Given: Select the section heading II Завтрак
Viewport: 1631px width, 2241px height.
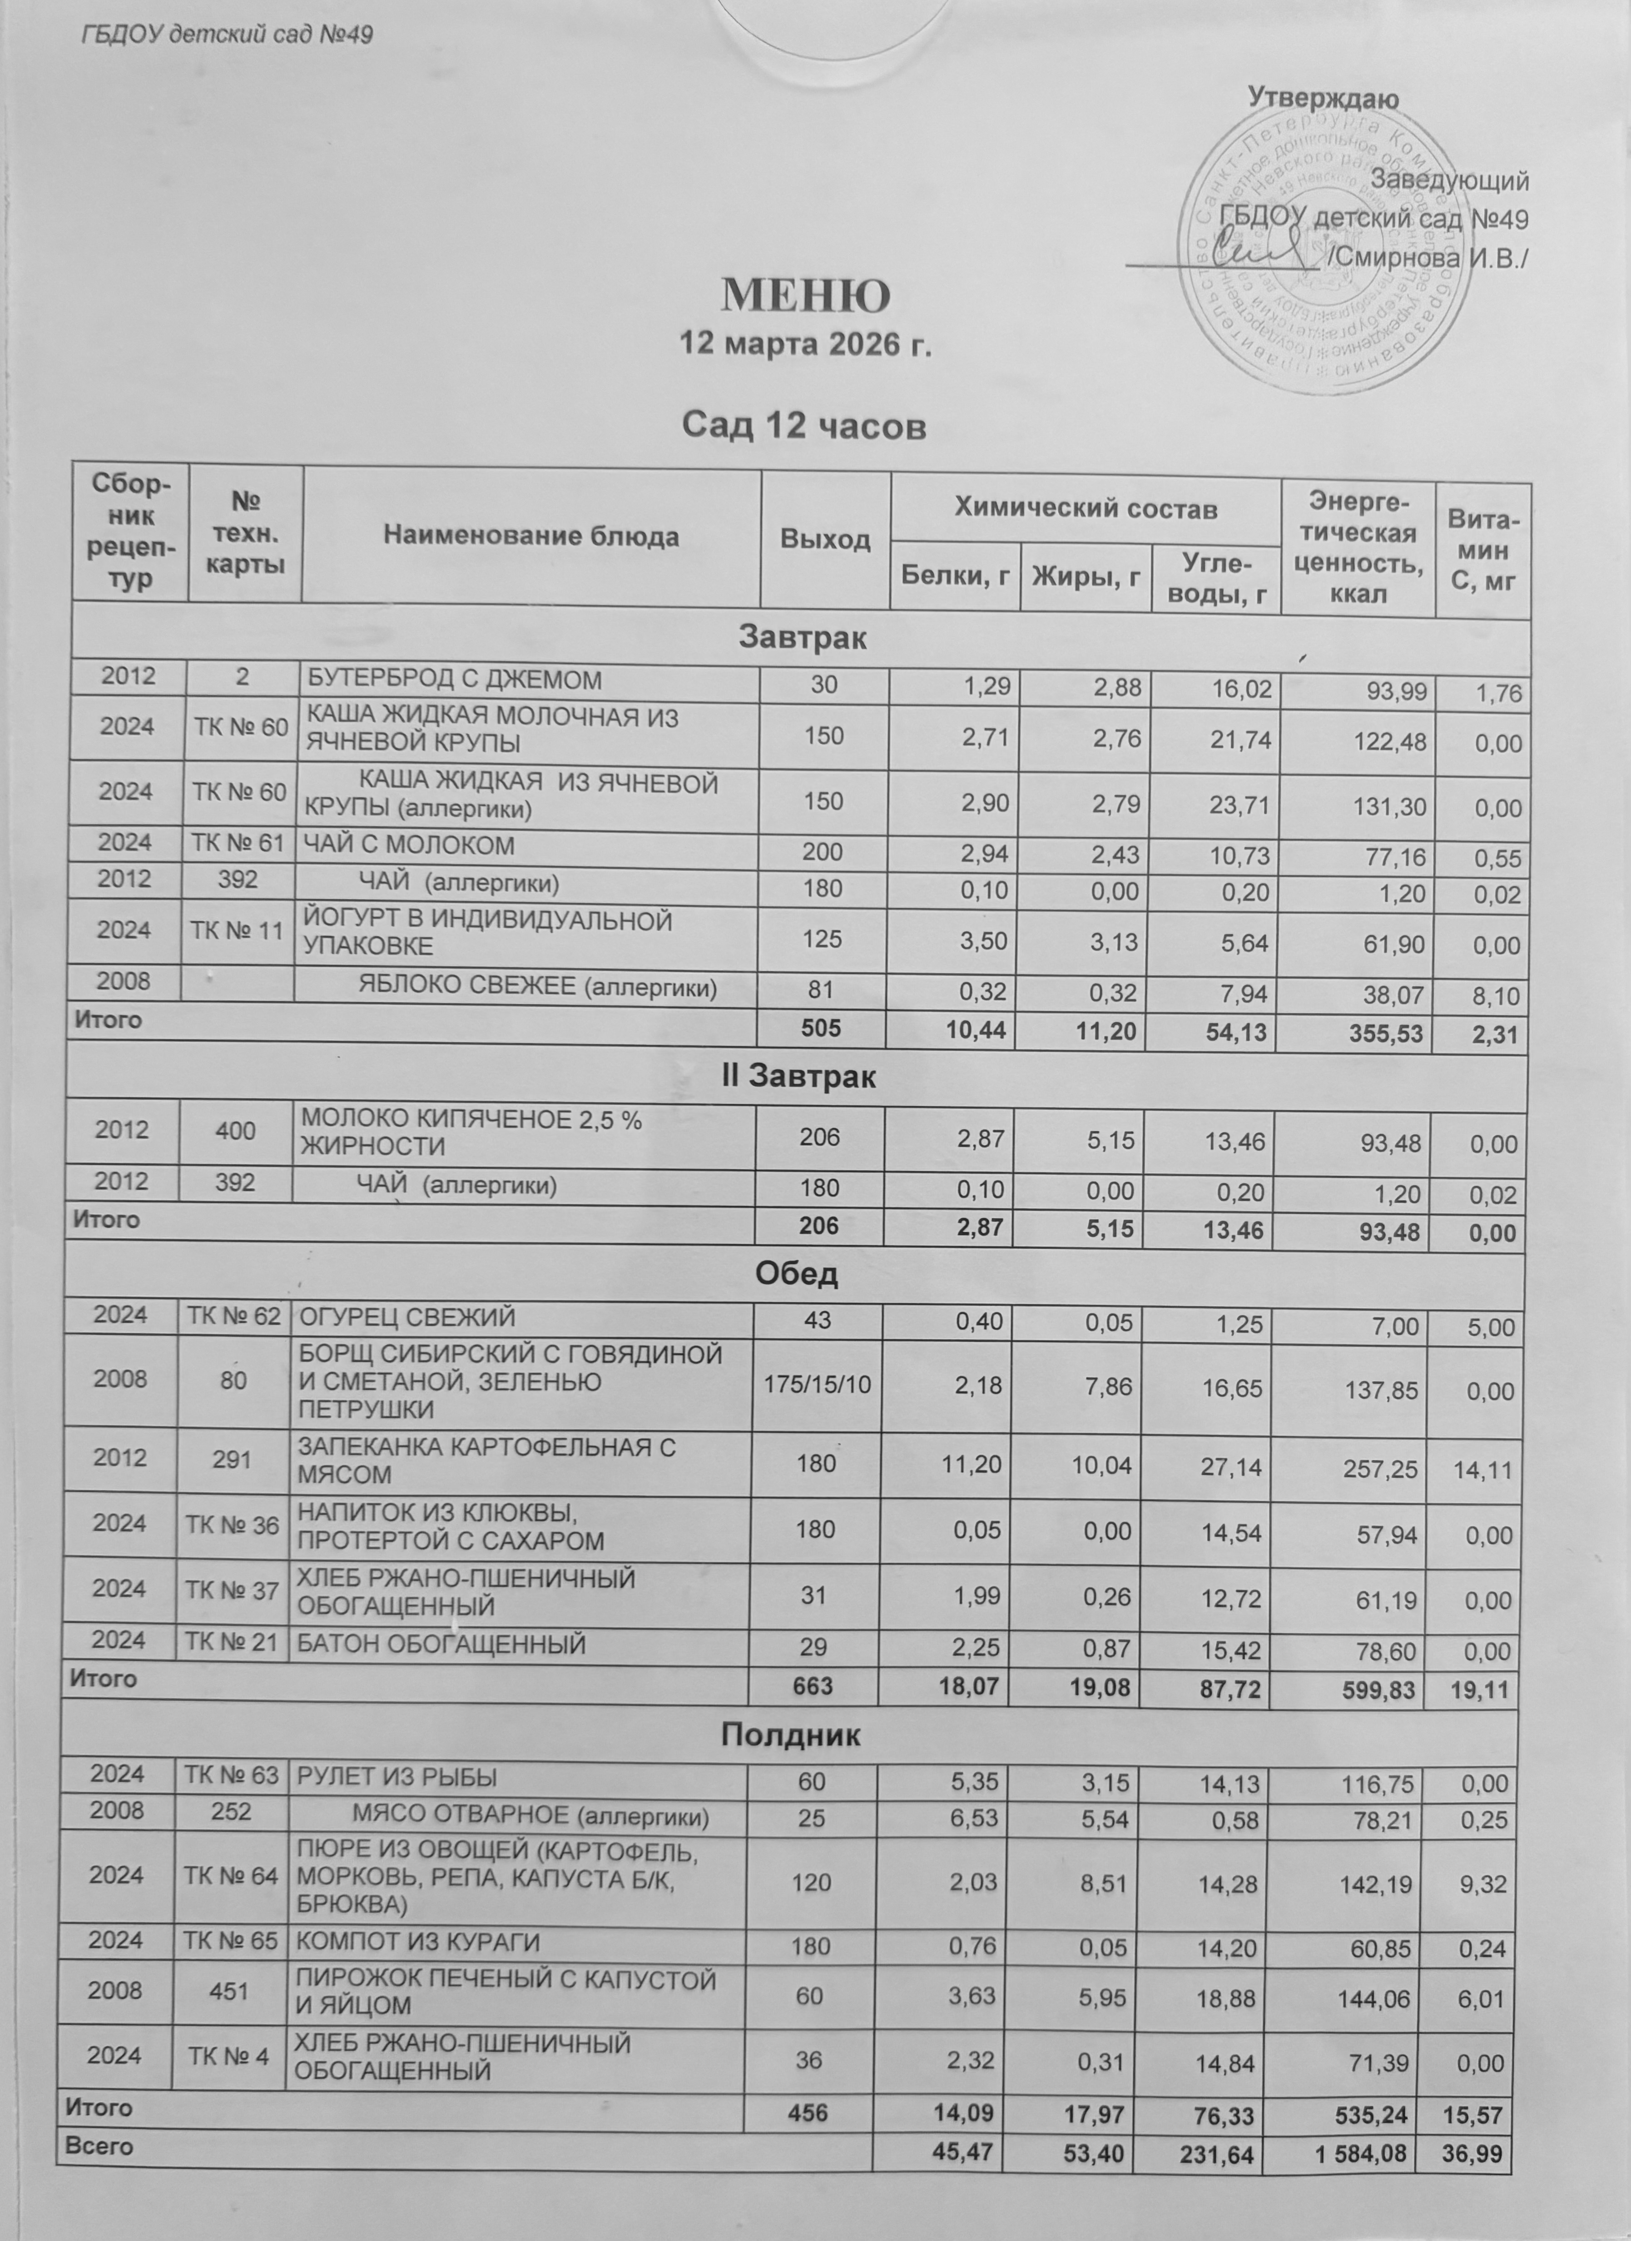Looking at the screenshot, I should click(798, 1076).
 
